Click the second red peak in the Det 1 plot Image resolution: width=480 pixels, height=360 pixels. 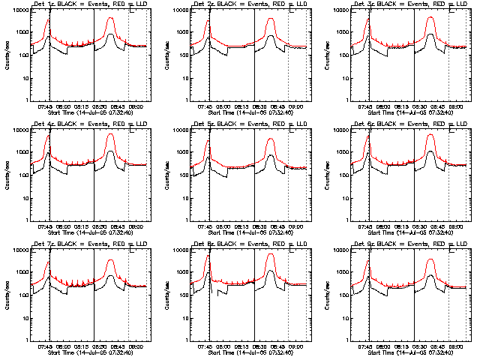click(111, 15)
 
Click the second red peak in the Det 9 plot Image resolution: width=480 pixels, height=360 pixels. click(430, 259)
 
